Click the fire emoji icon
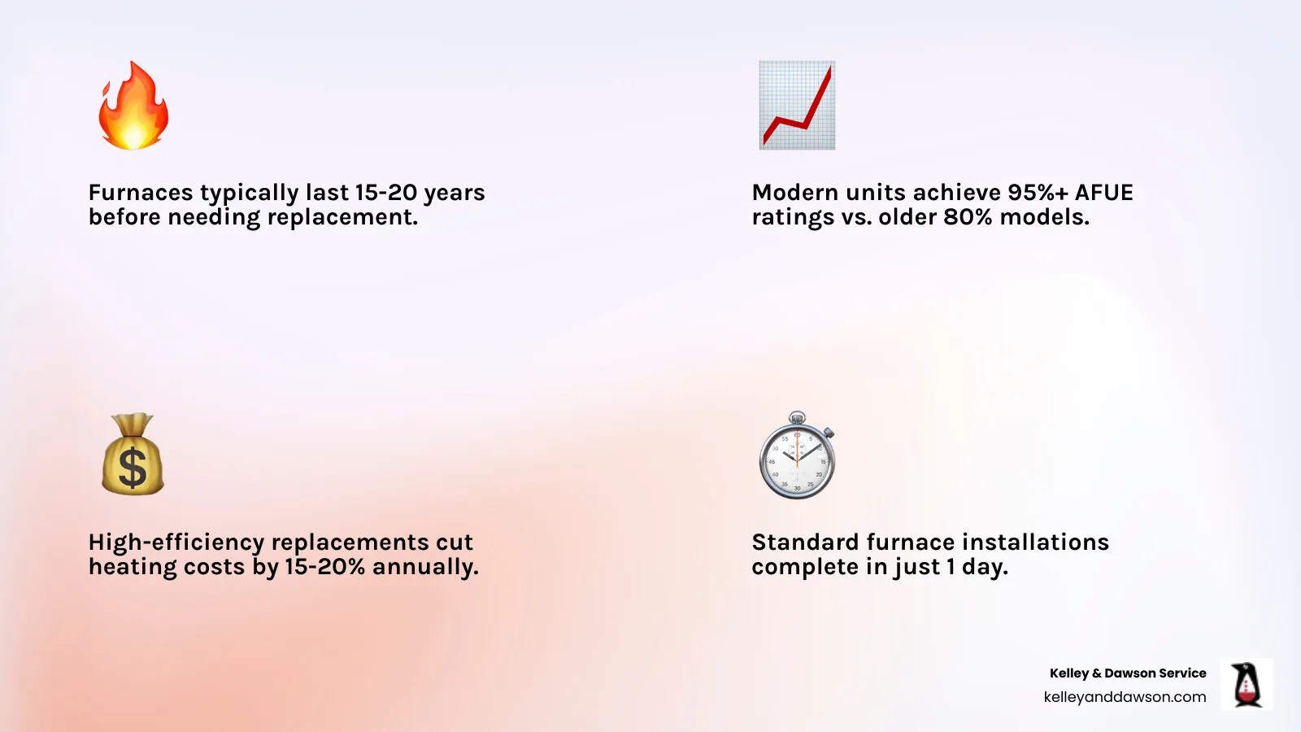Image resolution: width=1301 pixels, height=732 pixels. [133, 106]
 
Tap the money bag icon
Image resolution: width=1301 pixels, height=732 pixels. [133, 455]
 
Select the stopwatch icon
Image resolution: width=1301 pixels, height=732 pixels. [797, 455]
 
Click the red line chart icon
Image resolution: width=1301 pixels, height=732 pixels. [797, 105]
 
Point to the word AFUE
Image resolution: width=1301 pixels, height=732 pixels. [1103, 193]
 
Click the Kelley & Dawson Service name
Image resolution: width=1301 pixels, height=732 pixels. [1128, 673]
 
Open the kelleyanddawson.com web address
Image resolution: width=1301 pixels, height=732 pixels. [1125, 697]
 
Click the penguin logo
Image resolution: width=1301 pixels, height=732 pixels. [1246, 685]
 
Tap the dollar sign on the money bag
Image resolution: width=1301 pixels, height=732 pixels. [132, 468]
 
